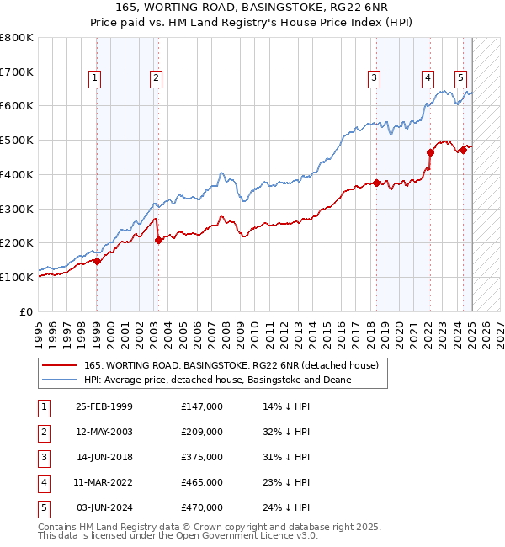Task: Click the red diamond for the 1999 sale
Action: [97, 261]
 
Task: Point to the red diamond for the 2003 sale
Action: [158, 240]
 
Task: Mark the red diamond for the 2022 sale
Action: [430, 152]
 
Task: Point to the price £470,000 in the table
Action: [202, 507]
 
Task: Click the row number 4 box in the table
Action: [43, 482]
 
